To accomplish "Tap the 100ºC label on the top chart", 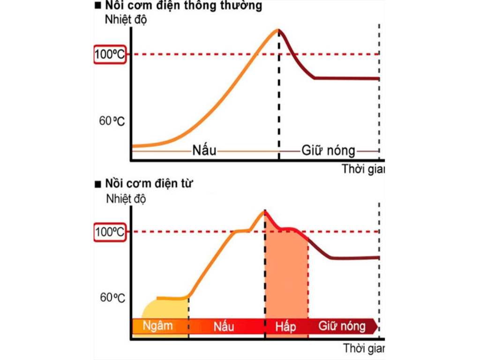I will (110, 54).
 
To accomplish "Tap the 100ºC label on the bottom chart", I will (110, 232).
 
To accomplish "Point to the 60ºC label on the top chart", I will (112, 120).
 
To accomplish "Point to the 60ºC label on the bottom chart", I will (112, 298).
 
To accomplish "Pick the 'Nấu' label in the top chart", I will (204, 151).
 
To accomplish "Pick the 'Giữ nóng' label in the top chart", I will (328, 151).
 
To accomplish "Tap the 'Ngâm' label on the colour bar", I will (158, 326).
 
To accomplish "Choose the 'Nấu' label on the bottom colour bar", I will (224, 326).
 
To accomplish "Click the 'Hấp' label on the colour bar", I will (286, 326).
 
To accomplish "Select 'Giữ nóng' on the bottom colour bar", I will (342, 326).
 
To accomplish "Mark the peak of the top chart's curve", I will (277, 30).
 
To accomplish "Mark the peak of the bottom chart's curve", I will (264, 211).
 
